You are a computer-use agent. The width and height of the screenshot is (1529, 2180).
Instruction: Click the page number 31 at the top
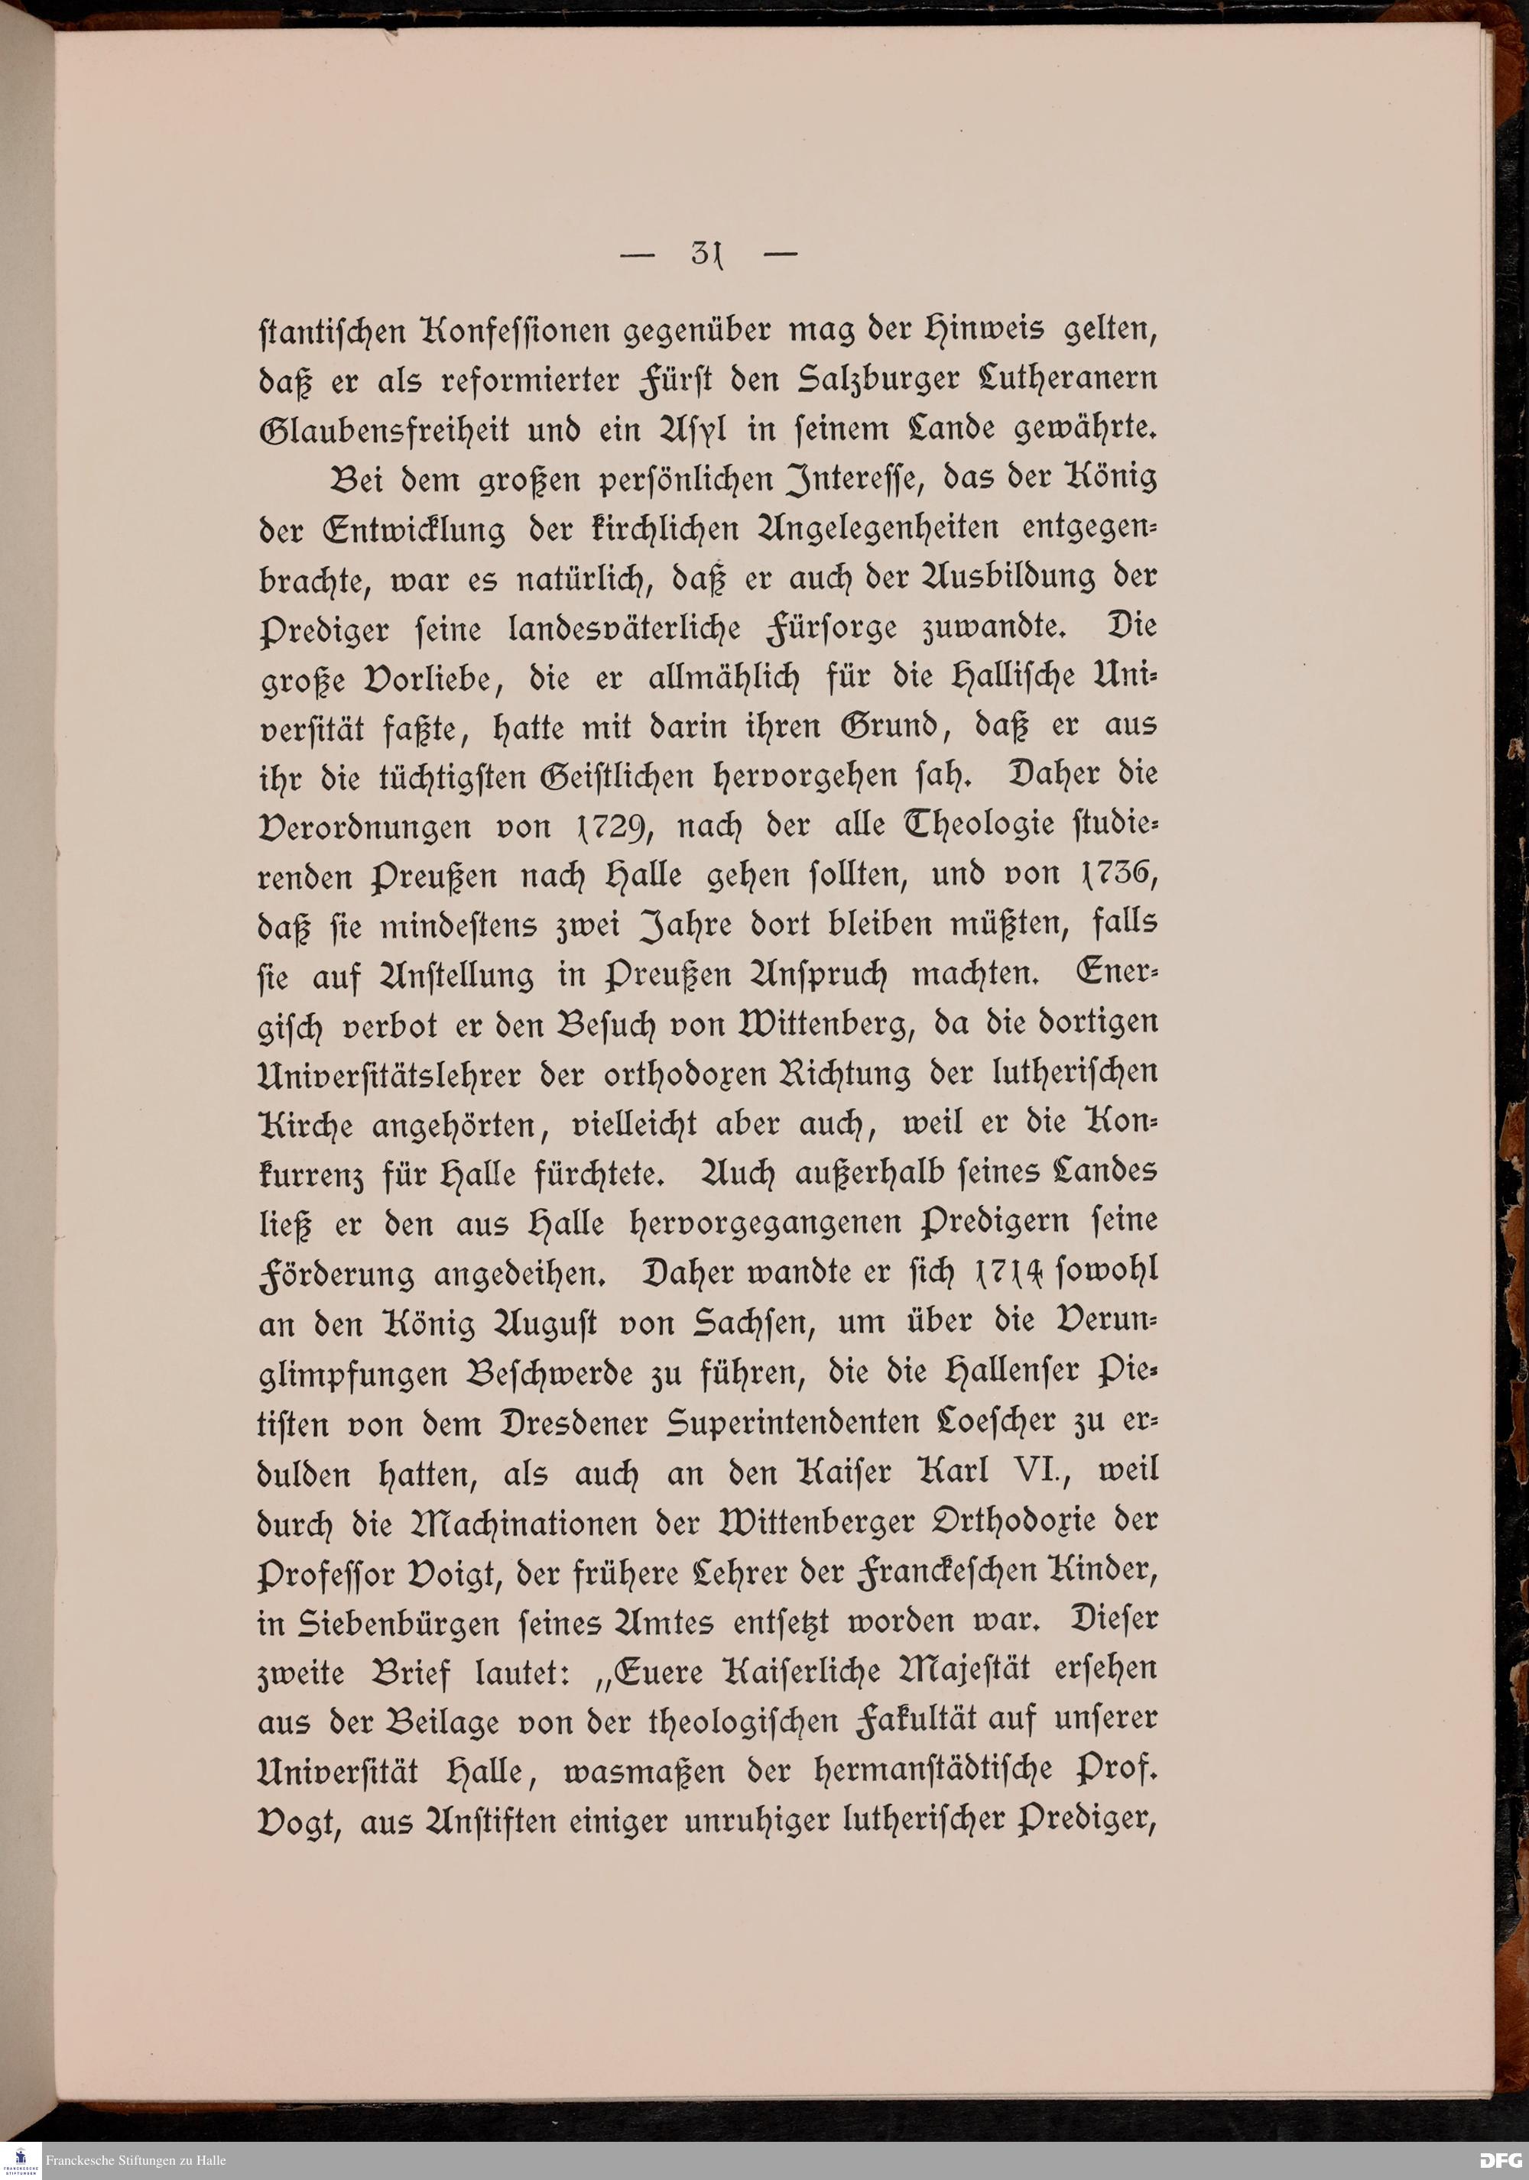point(706,254)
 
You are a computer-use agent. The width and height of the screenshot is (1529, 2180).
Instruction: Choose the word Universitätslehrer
point(419,1073)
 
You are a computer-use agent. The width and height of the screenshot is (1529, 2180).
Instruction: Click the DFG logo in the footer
point(1501,2161)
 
